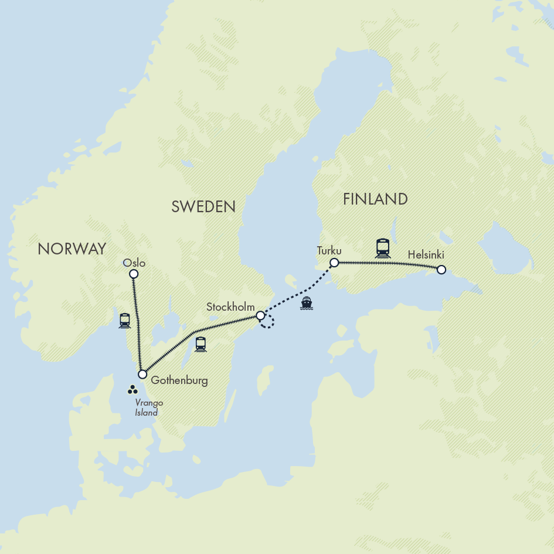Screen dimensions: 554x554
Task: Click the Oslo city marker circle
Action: [x=134, y=274]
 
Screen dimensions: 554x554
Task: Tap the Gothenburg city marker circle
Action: [x=142, y=374]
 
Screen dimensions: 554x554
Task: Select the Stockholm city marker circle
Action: [x=260, y=315]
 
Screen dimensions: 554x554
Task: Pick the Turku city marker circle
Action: [x=334, y=262]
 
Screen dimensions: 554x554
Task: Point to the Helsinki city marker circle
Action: [x=441, y=270]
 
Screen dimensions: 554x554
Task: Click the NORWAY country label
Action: [x=72, y=249]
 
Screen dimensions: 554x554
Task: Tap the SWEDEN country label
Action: [x=203, y=206]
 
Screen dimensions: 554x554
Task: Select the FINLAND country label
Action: [x=375, y=199]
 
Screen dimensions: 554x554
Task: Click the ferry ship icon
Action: [x=307, y=303]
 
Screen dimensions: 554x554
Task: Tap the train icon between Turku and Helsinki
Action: [x=383, y=247]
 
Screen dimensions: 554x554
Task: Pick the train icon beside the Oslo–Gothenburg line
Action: [x=124, y=320]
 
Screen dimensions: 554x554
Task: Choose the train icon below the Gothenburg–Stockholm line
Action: [x=201, y=344]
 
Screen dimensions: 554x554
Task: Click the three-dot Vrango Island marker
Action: [x=132, y=389]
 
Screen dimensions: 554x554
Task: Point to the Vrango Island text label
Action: [x=147, y=407]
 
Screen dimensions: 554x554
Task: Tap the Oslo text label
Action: [x=135, y=263]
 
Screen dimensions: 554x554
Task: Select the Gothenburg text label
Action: [x=179, y=380]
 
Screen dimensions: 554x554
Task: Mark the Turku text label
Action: [x=329, y=250]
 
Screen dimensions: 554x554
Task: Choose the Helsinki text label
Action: [x=427, y=256]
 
